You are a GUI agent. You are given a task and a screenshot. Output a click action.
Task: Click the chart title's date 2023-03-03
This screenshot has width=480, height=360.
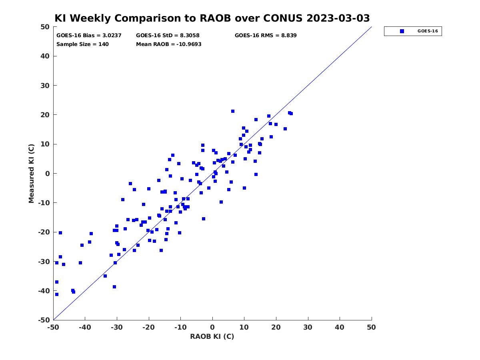pos(338,18)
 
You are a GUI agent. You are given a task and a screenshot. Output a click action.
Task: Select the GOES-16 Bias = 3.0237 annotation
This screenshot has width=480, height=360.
pos(89,36)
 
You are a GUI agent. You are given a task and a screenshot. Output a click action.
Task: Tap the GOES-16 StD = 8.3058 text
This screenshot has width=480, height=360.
pos(168,36)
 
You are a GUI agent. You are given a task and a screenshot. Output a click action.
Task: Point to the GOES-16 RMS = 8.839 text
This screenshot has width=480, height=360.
pos(266,36)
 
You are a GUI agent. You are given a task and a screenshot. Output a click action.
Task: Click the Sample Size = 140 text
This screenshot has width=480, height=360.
pos(82,44)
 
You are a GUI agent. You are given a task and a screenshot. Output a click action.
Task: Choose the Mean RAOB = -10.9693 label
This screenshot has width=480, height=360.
pos(169,44)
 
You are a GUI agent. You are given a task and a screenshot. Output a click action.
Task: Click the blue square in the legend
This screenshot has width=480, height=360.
pos(402,31)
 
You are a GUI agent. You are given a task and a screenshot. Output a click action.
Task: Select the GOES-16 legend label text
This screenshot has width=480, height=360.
pos(428,31)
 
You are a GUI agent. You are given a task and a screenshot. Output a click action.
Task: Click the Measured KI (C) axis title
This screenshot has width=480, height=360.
pos(31,173)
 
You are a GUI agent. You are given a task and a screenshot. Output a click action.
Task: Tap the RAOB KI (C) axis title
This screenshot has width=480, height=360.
pos(212,336)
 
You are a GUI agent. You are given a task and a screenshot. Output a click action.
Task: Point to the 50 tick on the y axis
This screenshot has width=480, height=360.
pos(45,27)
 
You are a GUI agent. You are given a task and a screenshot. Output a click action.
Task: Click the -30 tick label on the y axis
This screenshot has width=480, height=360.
pos(44,262)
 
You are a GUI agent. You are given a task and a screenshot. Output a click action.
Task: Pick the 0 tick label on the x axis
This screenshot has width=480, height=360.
pos(212,327)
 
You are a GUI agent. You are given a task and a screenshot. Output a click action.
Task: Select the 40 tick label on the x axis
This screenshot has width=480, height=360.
pos(339,327)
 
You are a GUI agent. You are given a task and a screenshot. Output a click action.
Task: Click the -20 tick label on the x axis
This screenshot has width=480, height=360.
pos(148,327)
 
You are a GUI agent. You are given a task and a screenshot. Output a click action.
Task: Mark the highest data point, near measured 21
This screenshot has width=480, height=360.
pos(233,111)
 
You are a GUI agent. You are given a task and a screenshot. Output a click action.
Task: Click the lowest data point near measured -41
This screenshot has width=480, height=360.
pos(57,294)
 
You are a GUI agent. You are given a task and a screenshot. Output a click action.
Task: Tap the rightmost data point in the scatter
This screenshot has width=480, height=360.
pos(291,114)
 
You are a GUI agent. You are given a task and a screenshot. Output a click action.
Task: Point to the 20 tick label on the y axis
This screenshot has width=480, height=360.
pos(45,115)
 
